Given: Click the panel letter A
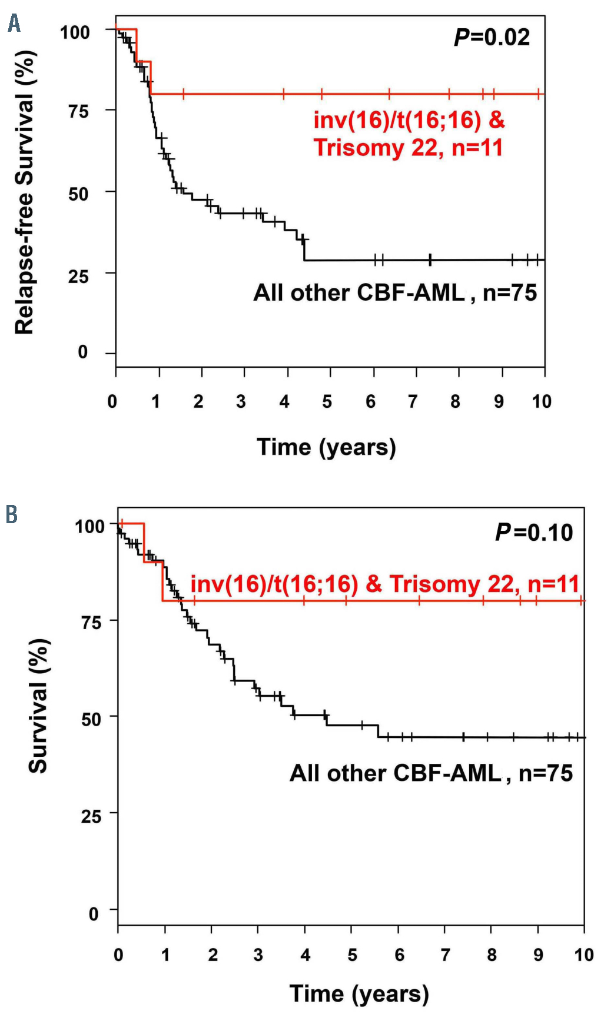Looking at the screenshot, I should click(x=14, y=24).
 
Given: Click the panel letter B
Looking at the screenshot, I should click(x=11, y=514).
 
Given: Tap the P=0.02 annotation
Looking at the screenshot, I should click(x=492, y=38).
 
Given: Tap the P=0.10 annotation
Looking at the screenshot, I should click(x=533, y=533).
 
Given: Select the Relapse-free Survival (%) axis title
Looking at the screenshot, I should click(x=25, y=192).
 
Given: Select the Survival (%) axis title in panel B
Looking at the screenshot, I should click(x=39, y=706).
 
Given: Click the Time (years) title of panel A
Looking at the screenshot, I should click(x=326, y=447).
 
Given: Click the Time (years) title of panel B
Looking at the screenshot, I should click(x=359, y=994).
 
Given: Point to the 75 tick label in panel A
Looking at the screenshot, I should click(x=78, y=111).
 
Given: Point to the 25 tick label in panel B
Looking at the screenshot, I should click(x=91, y=816).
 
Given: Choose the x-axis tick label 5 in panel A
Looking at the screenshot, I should click(x=327, y=402).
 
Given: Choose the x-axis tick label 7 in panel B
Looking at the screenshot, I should click(x=446, y=955).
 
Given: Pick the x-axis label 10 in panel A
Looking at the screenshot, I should click(x=542, y=402).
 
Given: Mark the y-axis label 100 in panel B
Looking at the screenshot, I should click(x=89, y=526).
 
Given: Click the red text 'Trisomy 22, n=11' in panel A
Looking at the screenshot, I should click(x=408, y=147).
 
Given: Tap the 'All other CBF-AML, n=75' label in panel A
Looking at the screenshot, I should click(x=395, y=292).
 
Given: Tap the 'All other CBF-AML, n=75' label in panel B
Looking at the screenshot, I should click(x=431, y=773).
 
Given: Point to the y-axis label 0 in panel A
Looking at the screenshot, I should click(x=83, y=352).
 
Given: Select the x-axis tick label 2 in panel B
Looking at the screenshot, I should click(x=213, y=955).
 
